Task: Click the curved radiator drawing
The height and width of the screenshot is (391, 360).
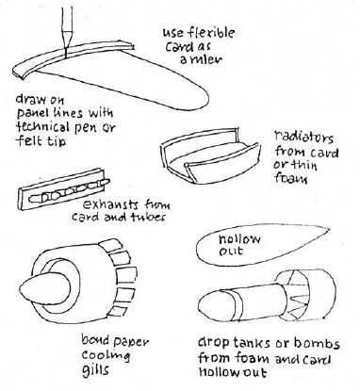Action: pyautogui.click(x=206, y=156)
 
